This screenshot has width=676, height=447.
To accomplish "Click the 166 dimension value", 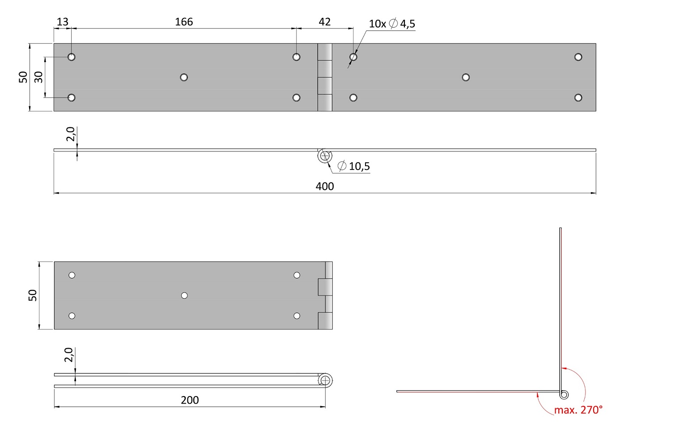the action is [184, 22].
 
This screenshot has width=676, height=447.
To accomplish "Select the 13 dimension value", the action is [63, 22].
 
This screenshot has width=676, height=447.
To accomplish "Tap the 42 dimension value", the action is [324, 22].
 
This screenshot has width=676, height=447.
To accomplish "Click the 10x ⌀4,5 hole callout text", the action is [392, 24].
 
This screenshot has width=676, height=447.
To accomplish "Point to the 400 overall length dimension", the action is [325, 186].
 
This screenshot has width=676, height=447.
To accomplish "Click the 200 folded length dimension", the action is [190, 400].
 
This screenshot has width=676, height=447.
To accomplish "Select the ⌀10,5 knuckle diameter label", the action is [354, 166].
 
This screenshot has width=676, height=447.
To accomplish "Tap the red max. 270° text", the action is [578, 410].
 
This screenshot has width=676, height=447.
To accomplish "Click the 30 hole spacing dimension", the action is [38, 77].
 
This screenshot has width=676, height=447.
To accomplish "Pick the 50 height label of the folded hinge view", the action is [32, 295].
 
